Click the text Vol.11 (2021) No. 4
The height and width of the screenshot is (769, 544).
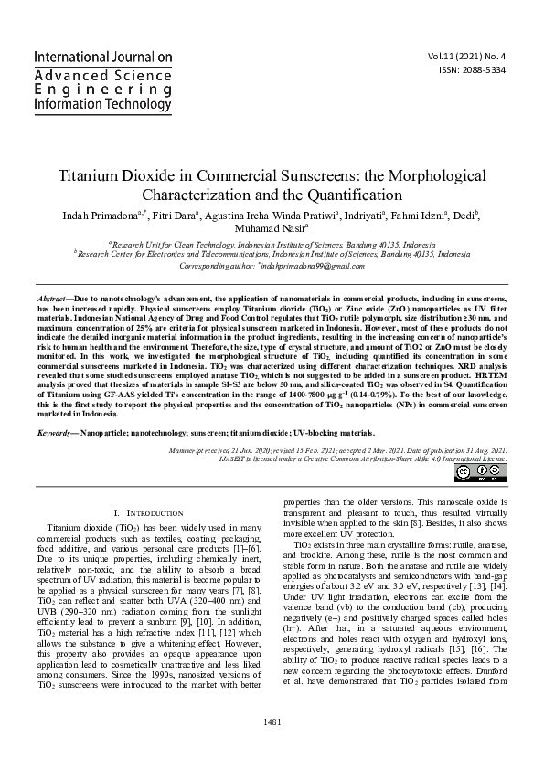tap(474, 56)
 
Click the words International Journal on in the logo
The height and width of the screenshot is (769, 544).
tap(102, 57)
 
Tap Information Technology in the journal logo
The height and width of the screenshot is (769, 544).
tap(102, 104)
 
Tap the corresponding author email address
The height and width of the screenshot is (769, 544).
tap(311, 266)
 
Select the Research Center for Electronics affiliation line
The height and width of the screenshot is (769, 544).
tap(273, 255)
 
